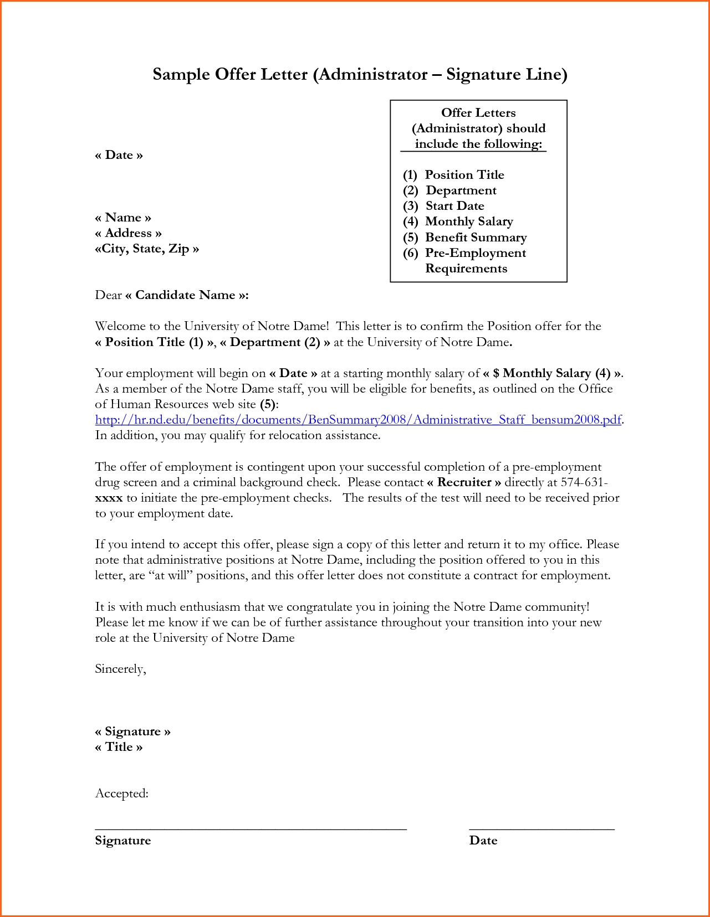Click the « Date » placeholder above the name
pos(119,155)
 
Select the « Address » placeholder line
pos(128,233)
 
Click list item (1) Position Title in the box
pos(453,175)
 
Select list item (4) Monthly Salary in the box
pos(458,221)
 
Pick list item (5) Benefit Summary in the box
pos(464,238)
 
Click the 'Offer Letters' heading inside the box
pos(478,113)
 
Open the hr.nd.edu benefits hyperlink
pos(358,420)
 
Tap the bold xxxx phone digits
pos(109,498)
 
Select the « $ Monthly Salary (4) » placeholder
pos(553,373)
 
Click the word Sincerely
pos(120,669)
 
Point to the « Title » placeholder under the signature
pos(119,747)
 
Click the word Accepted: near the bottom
pos(122,794)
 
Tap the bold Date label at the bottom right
pos(483,841)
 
